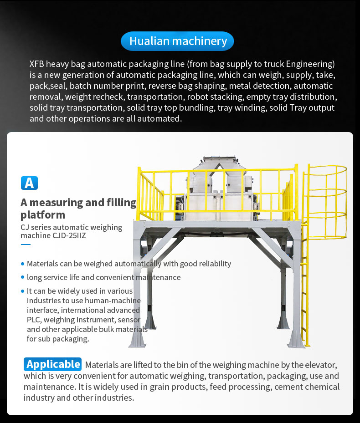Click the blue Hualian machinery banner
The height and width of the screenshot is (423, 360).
tap(177, 41)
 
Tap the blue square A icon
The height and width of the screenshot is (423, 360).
tap(29, 183)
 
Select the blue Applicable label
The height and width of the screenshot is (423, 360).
tap(53, 364)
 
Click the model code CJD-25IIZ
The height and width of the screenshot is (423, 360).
tap(69, 235)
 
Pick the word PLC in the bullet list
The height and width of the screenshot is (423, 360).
tap(34, 320)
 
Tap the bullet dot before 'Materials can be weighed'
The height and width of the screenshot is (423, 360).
tap(23, 264)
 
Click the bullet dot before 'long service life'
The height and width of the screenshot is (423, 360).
tap(23, 277)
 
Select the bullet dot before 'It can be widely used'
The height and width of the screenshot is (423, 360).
tap(23, 291)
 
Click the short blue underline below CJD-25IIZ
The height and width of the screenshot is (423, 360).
tap(26, 245)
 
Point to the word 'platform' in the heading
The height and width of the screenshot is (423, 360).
tap(43, 215)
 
